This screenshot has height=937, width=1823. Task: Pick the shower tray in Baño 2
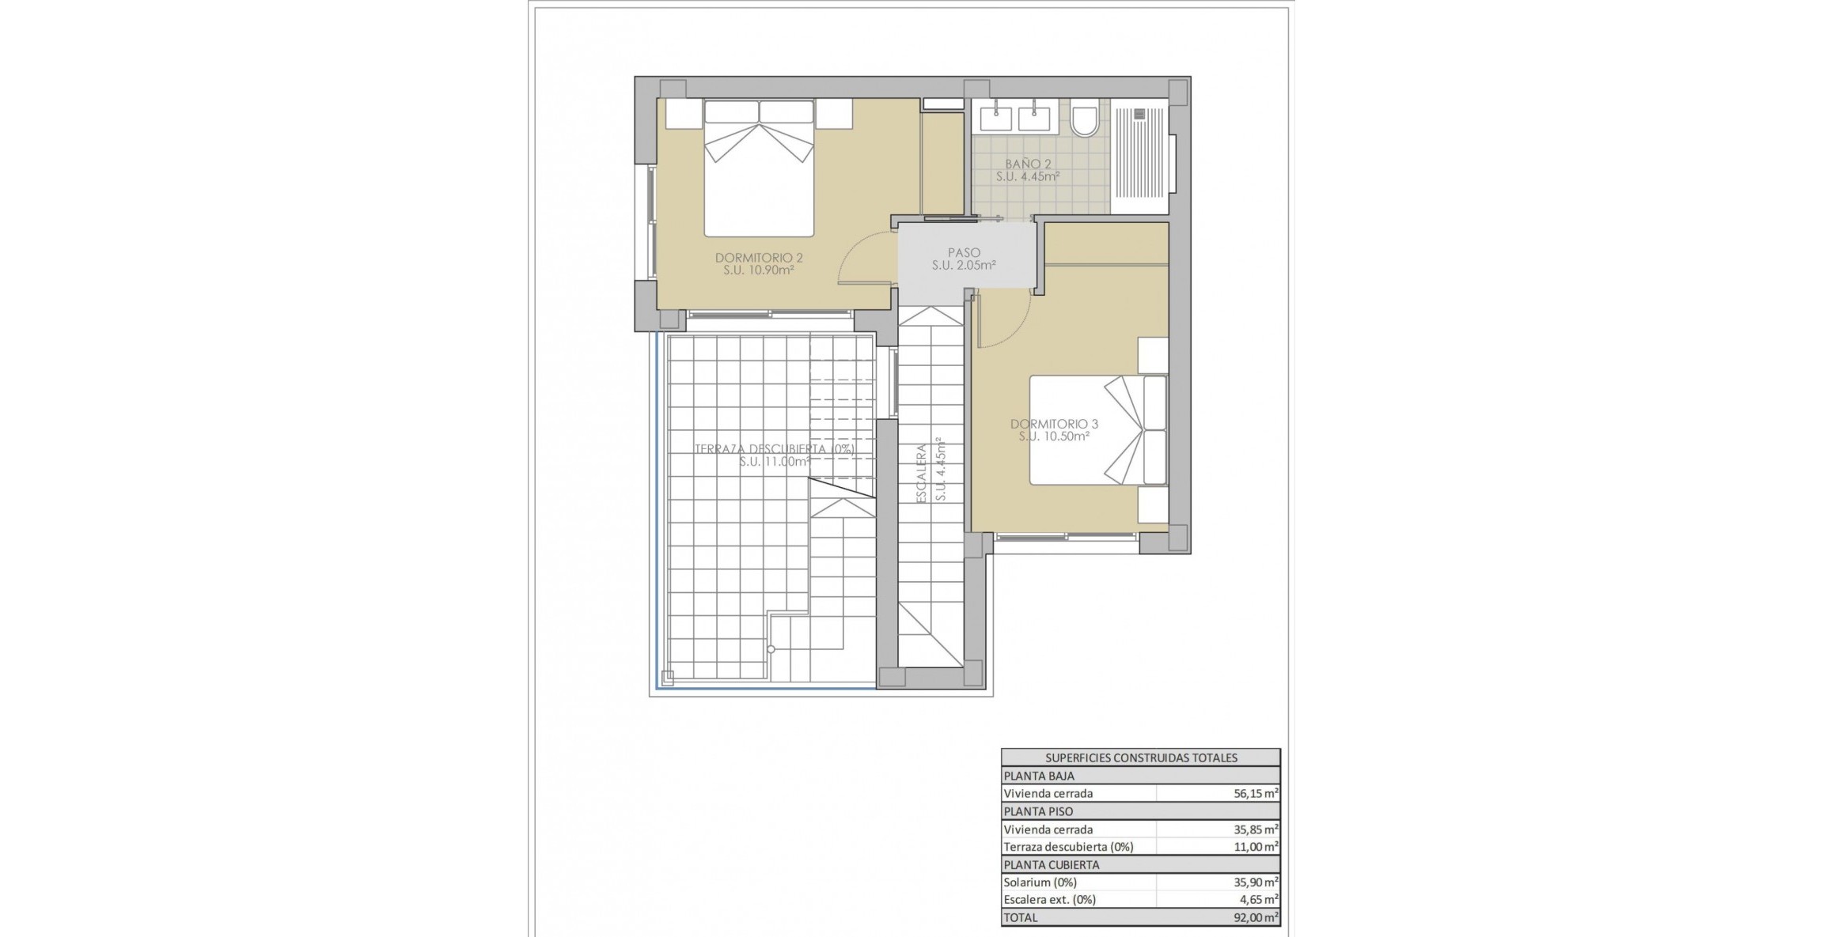[x=1139, y=155]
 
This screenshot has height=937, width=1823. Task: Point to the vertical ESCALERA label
[x=921, y=473]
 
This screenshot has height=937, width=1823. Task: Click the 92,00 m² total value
[x=1255, y=917]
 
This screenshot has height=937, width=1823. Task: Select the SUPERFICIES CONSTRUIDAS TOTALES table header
[x=1140, y=758]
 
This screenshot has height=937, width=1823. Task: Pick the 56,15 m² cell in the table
[x=1255, y=793]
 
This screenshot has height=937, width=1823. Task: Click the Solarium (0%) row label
[x=1040, y=882]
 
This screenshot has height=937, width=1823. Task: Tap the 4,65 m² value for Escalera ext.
[x=1258, y=899]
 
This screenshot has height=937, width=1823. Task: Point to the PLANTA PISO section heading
[x=1038, y=811]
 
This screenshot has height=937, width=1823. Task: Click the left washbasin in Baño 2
[x=995, y=119]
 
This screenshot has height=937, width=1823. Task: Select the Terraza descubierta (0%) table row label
[x=1068, y=847]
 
